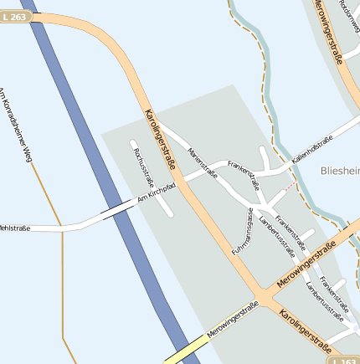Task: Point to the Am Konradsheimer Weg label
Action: point(17,125)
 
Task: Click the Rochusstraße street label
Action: point(140,167)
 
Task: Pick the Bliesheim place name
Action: point(340,171)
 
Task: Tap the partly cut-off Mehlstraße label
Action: point(14,228)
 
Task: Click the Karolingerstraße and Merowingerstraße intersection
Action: point(266,298)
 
